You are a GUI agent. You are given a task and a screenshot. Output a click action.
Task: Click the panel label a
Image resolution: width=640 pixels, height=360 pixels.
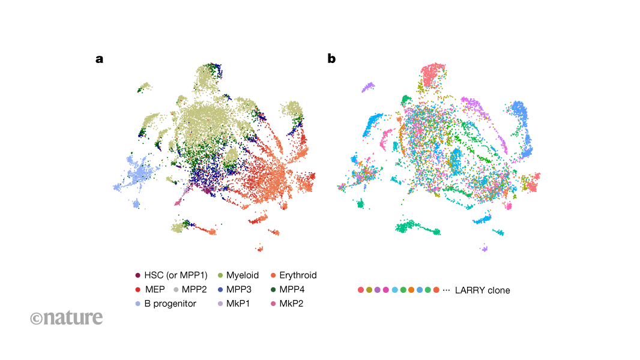click(99, 59)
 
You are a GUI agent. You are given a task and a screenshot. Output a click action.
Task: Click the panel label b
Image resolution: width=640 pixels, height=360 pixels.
click(331, 59)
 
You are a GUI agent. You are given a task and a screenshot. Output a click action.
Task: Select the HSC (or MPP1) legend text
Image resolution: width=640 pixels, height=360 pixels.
click(176, 275)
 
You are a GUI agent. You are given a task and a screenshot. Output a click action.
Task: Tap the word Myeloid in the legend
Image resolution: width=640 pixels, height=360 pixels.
click(243, 275)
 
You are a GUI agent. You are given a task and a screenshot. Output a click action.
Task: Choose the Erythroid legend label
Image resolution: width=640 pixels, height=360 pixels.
click(298, 275)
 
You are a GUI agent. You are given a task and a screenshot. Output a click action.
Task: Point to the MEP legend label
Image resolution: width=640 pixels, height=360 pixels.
click(155, 290)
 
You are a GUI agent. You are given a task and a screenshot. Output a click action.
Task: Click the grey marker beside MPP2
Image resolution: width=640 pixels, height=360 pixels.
click(175, 290)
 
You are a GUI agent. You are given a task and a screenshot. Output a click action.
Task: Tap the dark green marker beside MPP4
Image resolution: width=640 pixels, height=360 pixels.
click(273, 290)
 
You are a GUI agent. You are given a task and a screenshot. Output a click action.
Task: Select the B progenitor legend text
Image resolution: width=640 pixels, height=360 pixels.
click(171, 304)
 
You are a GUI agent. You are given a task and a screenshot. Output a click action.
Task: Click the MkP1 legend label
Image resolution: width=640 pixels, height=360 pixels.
click(240, 304)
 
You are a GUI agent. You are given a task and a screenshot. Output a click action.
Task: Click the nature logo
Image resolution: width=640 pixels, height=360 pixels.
click(67, 317)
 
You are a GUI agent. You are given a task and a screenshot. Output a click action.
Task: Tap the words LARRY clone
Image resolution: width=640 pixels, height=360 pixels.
click(482, 290)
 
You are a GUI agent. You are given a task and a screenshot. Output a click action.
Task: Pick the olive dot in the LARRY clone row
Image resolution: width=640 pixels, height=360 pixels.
click(369, 290)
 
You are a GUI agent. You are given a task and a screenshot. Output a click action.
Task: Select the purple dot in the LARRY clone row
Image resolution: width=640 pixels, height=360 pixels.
click(378, 290)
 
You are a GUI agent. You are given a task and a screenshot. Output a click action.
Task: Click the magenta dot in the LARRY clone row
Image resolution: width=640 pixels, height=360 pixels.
click(386, 290)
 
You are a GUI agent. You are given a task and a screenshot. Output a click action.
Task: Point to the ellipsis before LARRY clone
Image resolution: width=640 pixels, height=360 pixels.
click(446, 290)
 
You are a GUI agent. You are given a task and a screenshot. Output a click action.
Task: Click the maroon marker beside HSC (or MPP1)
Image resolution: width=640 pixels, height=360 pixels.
click(138, 275)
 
